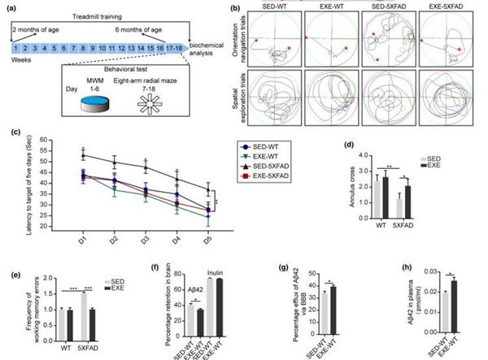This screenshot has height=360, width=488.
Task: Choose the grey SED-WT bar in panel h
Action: tap(441, 307)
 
